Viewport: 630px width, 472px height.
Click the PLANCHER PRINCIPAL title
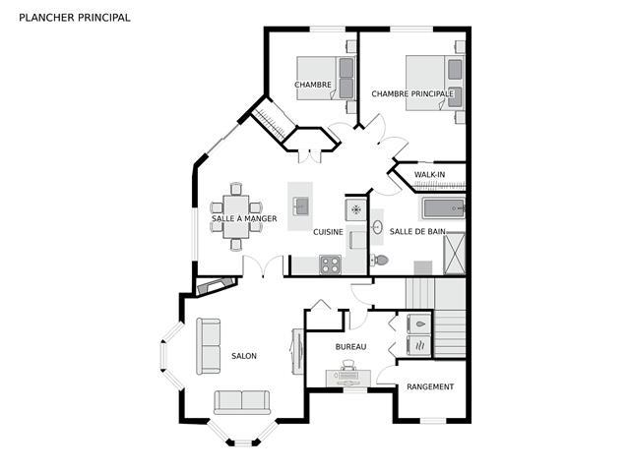coord(75,18)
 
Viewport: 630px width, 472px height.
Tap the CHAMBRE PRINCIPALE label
coord(412,94)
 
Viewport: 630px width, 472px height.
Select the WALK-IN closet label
coord(429,175)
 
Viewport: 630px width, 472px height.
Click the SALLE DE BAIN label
coord(417,232)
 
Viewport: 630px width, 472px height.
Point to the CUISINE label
coord(328,232)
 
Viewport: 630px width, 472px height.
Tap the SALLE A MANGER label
coord(244,218)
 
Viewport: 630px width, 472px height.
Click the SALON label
coord(244,356)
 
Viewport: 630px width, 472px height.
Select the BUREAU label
coord(350,347)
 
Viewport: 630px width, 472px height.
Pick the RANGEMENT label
coord(430,386)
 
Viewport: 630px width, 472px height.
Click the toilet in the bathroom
coord(379,260)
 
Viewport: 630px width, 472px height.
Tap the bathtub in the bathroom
coord(444,208)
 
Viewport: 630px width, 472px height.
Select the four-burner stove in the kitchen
coord(331,265)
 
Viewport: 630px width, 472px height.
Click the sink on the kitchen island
coord(300,206)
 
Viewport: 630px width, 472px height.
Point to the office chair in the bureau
coord(347,365)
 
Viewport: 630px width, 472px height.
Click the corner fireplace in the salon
coord(216,285)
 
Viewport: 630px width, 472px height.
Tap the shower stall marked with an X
coord(455,254)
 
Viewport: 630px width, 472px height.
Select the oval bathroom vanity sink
coord(377,227)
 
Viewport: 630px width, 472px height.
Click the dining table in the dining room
coord(236,216)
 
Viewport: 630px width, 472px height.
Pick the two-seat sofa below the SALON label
coord(242,402)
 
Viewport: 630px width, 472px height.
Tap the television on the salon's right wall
coord(297,352)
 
